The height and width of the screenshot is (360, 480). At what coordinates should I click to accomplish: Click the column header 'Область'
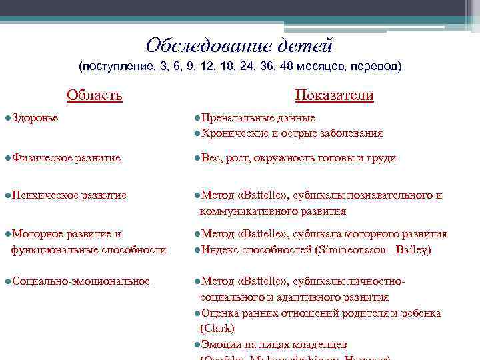(x=95, y=95)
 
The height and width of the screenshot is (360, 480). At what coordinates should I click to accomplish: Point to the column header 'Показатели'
(x=334, y=95)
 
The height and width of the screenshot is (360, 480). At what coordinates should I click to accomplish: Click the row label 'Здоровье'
(x=35, y=118)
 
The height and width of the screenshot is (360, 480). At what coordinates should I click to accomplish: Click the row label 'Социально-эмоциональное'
(x=81, y=281)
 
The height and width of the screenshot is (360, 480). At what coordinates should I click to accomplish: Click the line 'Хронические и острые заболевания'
(x=291, y=133)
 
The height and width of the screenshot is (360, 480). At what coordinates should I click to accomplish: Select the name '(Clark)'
(x=217, y=329)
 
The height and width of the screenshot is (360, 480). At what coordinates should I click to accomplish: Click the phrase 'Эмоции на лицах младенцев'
(x=273, y=344)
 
